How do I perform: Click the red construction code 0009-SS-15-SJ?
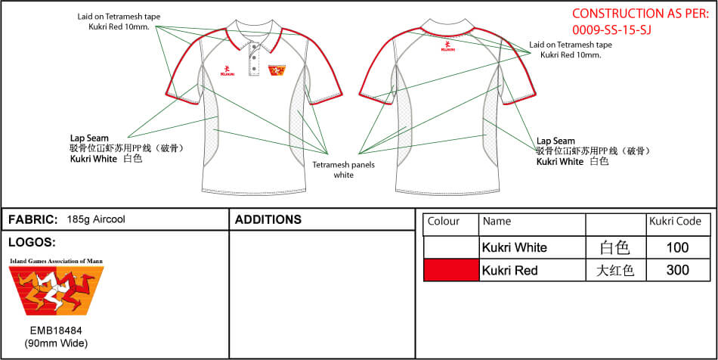pos(611,29)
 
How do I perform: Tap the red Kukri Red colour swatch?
pos(451,270)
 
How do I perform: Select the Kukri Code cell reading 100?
pos(678,248)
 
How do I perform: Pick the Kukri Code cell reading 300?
pos(678,270)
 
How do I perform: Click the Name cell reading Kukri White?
pos(514,248)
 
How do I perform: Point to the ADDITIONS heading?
pos(268,219)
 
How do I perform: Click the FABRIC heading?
pos(33,219)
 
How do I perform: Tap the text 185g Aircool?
pos(96,219)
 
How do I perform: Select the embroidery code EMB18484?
pos(56,331)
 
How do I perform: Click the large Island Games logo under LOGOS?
pos(57,290)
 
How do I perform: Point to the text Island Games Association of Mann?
pos(57,261)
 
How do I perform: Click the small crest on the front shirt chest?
pos(277,70)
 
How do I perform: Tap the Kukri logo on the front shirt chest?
pos(227,70)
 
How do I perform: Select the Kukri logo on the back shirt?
pos(448,46)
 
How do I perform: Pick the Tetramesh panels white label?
pos(343,169)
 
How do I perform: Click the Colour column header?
pos(443,222)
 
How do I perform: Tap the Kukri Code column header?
pos(675,222)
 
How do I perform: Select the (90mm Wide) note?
pos(56,343)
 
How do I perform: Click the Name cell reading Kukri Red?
pos(509,270)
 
